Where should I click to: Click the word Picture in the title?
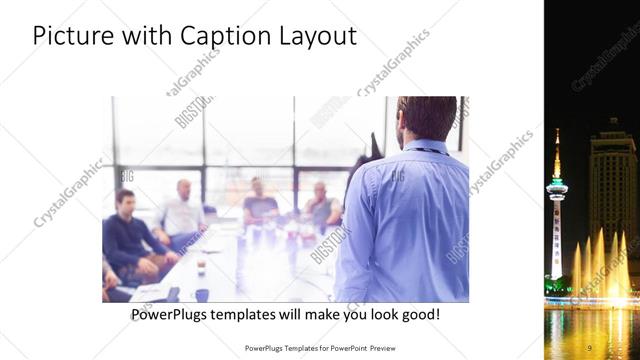pos(70,36)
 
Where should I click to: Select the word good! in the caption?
pos(419,315)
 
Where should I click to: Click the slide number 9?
pos(590,347)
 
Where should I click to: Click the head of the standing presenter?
pos(426,118)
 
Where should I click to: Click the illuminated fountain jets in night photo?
pos(600,265)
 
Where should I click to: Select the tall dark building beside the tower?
pos(612,190)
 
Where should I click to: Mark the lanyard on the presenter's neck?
pos(425,149)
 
